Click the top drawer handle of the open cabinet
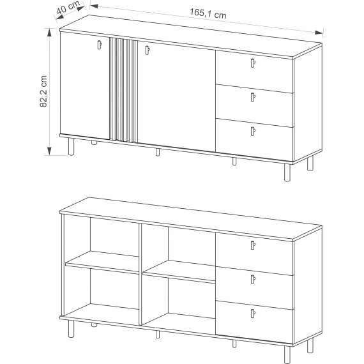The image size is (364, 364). tap(253, 245)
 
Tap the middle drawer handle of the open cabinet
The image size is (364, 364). tap(253, 279)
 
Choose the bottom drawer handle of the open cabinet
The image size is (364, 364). tap(253, 313)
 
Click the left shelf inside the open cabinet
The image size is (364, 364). tap(102, 261)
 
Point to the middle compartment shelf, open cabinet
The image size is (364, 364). tap(179, 271)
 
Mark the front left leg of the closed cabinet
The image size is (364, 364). tap(69, 146)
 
